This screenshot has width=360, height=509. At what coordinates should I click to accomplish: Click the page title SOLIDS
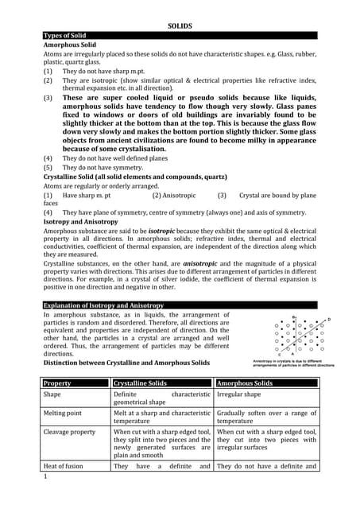tap(180, 26)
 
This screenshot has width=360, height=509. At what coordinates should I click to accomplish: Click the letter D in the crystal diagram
tap(328, 320)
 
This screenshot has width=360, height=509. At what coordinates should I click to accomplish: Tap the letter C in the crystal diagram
tap(279, 355)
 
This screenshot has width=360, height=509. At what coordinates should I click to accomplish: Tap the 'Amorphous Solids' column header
tap(247, 383)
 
